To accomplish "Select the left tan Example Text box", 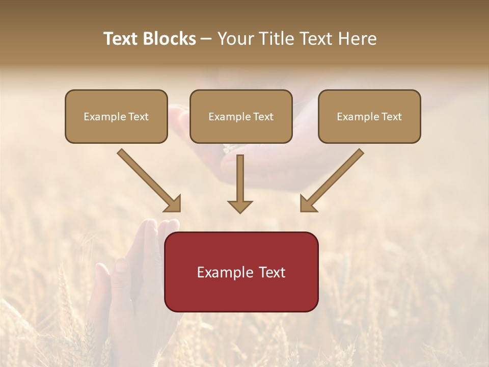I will pyautogui.click(x=116, y=117).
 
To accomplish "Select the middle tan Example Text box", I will pyautogui.click(x=241, y=117).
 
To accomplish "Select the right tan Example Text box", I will pyautogui.click(x=369, y=117).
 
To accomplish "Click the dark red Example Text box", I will pyautogui.click(x=241, y=272).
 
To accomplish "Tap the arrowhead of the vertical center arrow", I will pyautogui.click(x=240, y=206).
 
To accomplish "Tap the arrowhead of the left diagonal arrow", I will pyautogui.click(x=173, y=204).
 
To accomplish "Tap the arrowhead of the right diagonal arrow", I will pyautogui.click(x=309, y=204).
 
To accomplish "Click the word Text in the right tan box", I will pyautogui.click(x=391, y=117).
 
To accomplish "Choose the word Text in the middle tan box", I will pyautogui.click(x=262, y=117).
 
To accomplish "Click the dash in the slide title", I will pyautogui.click(x=206, y=39).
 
